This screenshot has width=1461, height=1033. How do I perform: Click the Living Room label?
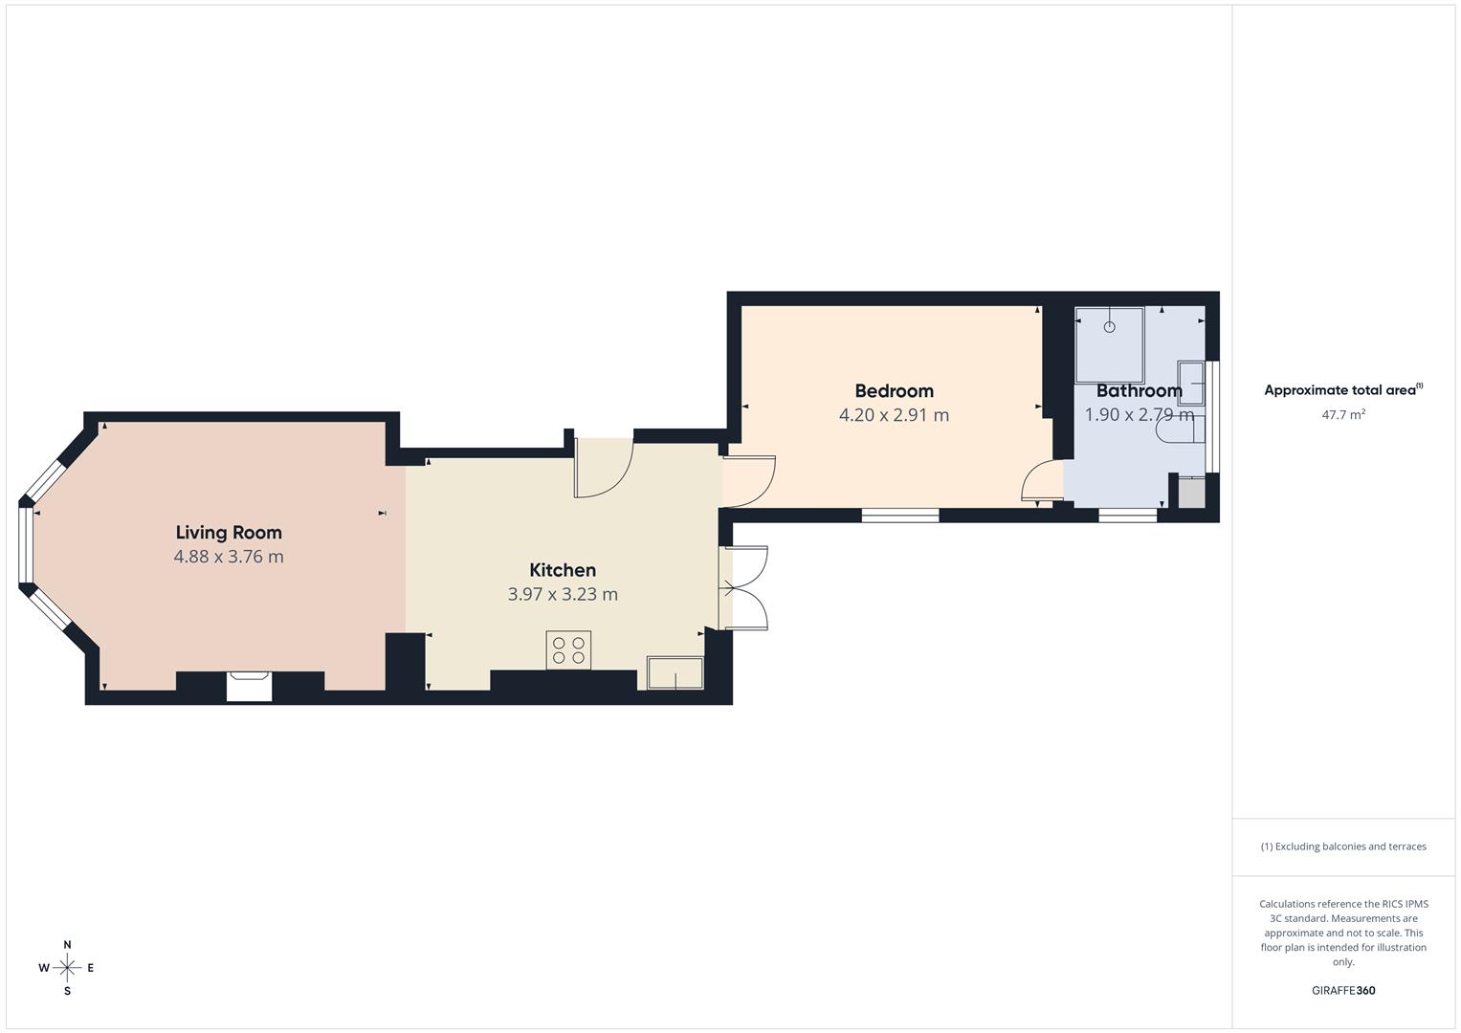[229, 533]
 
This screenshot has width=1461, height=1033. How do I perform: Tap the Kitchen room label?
[563, 570]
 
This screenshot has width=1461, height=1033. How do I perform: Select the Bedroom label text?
[894, 390]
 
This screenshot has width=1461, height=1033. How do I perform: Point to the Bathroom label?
[1139, 390]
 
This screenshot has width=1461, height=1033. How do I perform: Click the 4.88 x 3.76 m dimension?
[229, 557]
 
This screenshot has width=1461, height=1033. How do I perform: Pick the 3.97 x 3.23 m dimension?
[563, 594]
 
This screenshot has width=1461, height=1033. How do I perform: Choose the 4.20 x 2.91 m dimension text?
[894, 415]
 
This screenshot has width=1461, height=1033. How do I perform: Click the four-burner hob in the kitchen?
[568, 650]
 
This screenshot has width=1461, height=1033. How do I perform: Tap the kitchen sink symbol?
[675, 672]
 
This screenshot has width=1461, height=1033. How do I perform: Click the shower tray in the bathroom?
[1109, 344]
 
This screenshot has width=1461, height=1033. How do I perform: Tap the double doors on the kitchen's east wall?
[743, 587]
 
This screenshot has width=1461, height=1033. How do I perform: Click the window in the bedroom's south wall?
[900, 516]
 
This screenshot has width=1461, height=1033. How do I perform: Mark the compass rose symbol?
[67, 968]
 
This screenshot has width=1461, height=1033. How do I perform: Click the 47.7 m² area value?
[1343, 415]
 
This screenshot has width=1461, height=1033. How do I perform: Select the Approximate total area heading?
[1342, 390]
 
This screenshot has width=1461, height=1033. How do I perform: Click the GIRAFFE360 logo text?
[1343, 991]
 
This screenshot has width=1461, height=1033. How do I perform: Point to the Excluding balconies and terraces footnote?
[1343, 846]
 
